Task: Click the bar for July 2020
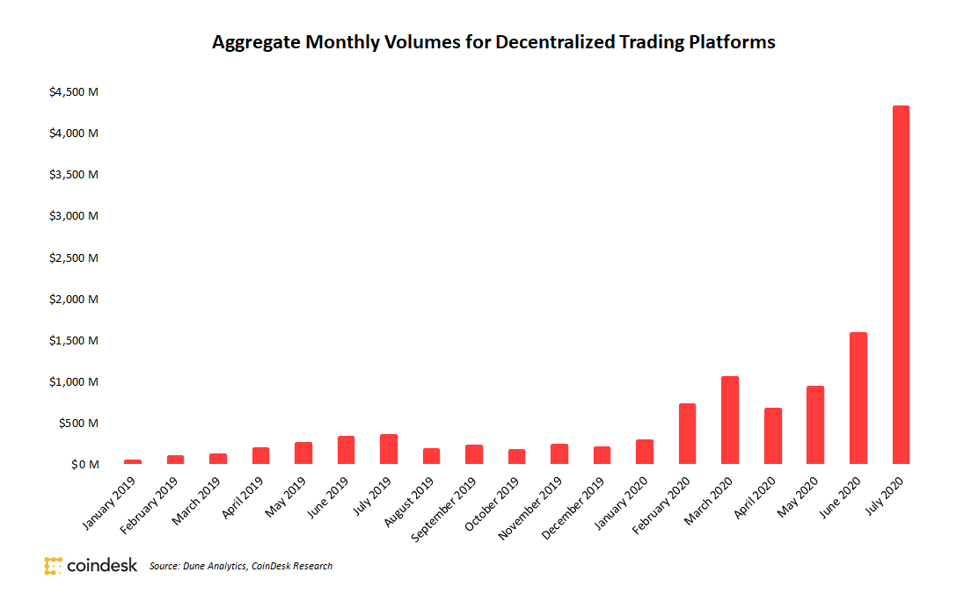pyautogui.click(x=901, y=285)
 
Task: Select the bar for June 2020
pyautogui.click(x=858, y=398)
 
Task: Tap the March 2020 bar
pyautogui.click(x=730, y=420)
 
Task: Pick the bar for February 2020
pyautogui.click(x=687, y=433)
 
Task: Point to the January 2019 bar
pyautogui.click(x=133, y=461)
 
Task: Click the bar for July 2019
pyautogui.click(x=389, y=449)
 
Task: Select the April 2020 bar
pyautogui.click(x=772, y=436)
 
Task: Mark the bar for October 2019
pyautogui.click(x=516, y=456)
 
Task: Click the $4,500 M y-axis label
pyautogui.click(x=74, y=91)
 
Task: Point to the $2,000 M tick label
pyautogui.click(x=74, y=299)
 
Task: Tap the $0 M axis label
pyautogui.click(x=85, y=464)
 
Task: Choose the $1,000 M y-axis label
pyautogui.click(x=74, y=381)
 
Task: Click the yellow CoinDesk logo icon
pyautogui.click(x=53, y=566)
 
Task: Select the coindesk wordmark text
pyautogui.click(x=102, y=566)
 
